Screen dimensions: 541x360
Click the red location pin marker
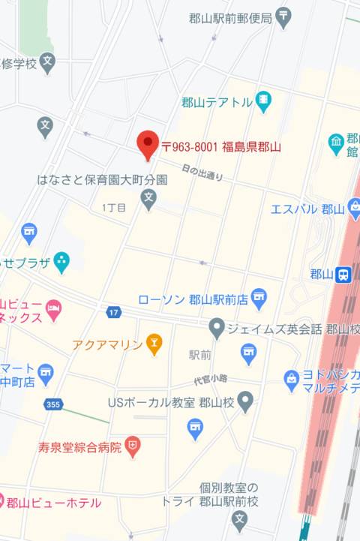coord(148,143)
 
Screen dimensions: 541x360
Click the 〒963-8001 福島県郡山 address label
coord(220,147)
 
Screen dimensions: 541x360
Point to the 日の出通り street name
coord(202,174)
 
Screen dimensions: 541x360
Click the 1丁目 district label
coord(115,206)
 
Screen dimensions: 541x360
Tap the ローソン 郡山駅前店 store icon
coord(259,299)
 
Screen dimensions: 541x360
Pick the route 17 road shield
coord(113,311)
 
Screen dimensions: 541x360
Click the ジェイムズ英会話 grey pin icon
coord(217,327)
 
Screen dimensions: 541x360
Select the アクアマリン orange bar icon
coord(154,344)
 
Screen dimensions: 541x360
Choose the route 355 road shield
coord(52,404)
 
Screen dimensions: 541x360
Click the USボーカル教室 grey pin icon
coord(245,401)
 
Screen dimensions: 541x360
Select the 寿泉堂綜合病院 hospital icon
coord(133,448)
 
